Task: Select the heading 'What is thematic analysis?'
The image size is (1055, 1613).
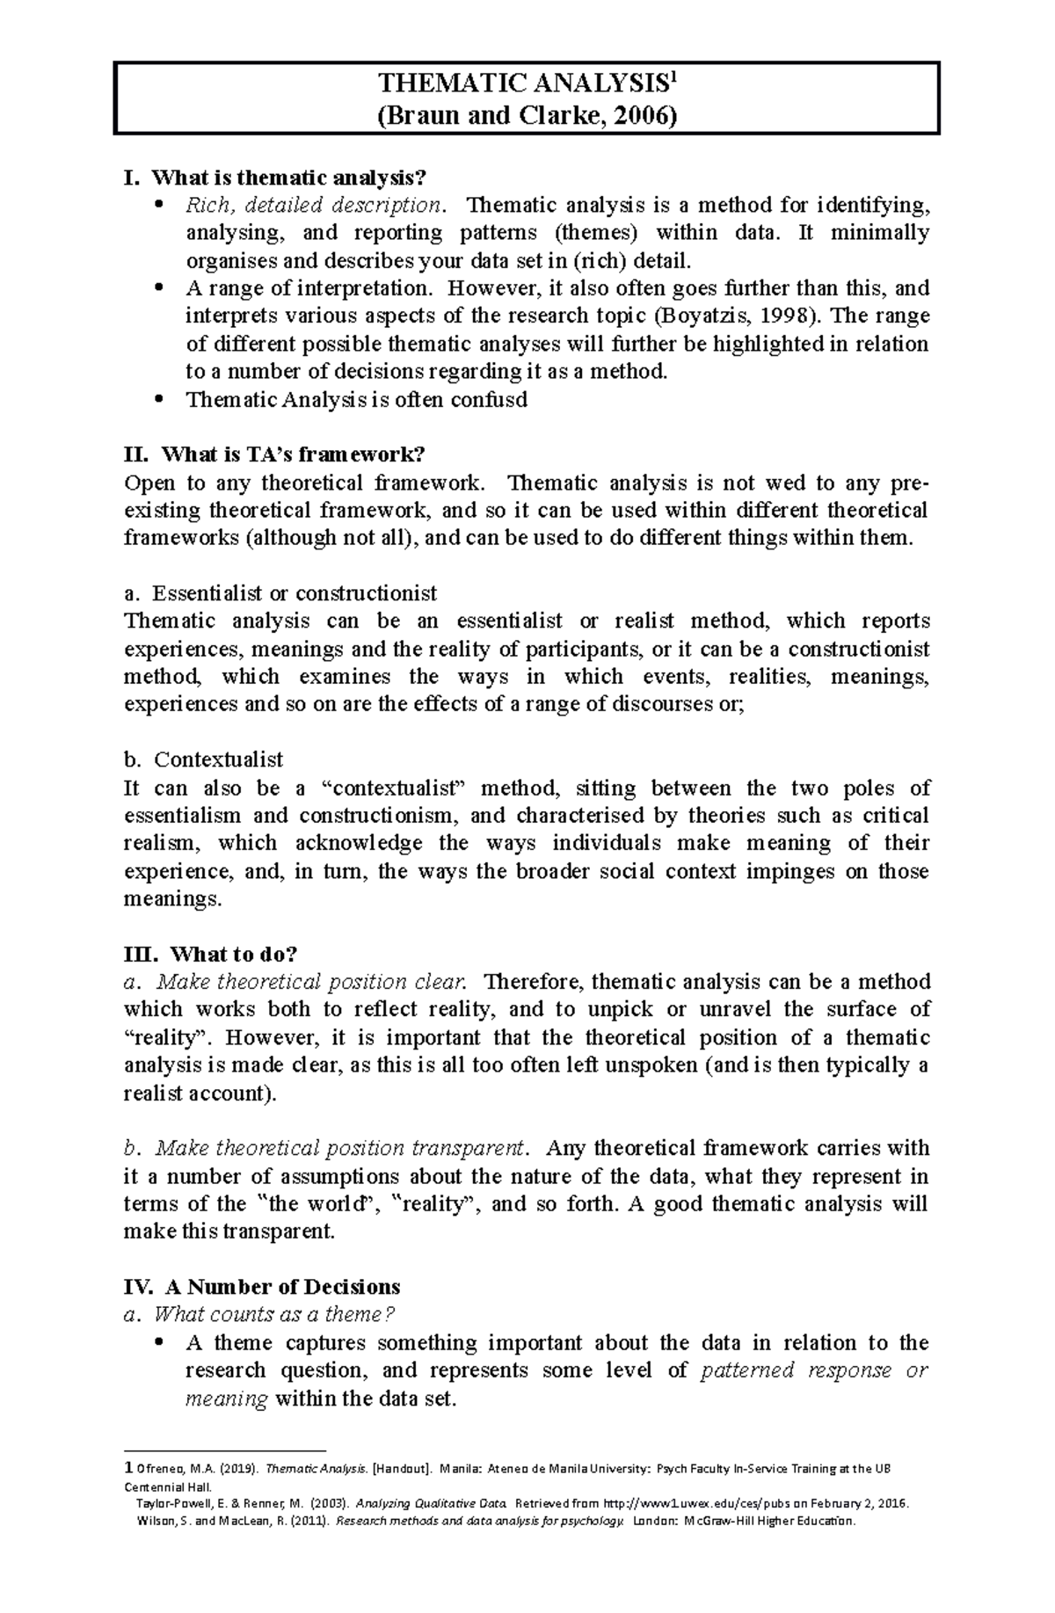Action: pos(288,178)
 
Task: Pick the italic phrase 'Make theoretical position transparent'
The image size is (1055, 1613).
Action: pos(339,1149)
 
